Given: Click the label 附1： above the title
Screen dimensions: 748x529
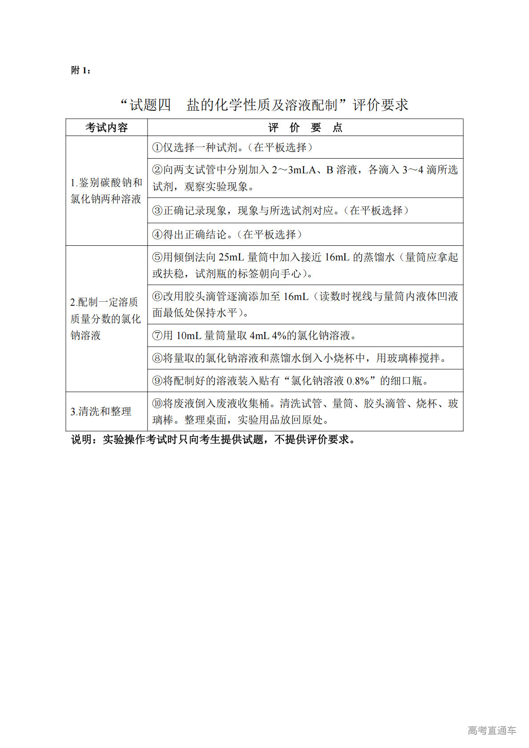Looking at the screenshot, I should pyautogui.click(x=81, y=70).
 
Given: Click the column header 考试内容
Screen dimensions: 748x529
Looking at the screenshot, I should pyautogui.click(x=107, y=128).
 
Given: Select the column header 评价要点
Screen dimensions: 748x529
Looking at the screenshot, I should pyautogui.click(x=305, y=128).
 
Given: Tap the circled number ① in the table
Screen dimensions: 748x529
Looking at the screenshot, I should pyautogui.click(x=157, y=148).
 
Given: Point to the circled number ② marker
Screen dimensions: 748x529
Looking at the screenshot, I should pyautogui.click(x=157, y=170).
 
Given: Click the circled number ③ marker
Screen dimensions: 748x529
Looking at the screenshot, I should pyautogui.click(x=157, y=211).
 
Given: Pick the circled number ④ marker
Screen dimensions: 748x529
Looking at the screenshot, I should pyautogui.click(x=157, y=235).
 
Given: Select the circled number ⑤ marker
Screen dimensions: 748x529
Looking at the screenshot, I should pyautogui.click(x=157, y=257).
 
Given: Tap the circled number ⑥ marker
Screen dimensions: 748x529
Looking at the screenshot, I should pyautogui.click(x=157, y=296).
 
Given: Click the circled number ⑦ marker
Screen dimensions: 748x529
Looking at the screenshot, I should pyautogui.click(x=157, y=336).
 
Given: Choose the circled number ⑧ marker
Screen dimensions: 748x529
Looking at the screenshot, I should pyautogui.click(x=157, y=358).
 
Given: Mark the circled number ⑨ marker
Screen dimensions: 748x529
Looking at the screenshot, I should pyautogui.click(x=157, y=381).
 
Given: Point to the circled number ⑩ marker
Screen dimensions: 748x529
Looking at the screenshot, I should pyautogui.click(x=157, y=404).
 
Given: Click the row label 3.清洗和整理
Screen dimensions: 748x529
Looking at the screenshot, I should pyautogui.click(x=101, y=412).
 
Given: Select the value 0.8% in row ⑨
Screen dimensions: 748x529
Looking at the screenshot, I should pyautogui.click(x=358, y=381).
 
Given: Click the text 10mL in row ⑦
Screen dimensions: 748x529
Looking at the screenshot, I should pyautogui.click(x=189, y=336).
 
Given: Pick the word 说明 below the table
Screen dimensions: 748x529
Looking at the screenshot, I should pyautogui.click(x=82, y=440).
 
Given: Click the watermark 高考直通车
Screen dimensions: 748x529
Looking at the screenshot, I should pyautogui.click(x=492, y=730).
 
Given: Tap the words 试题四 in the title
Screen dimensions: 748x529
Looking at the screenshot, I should pyautogui.click(x=150, y=105).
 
